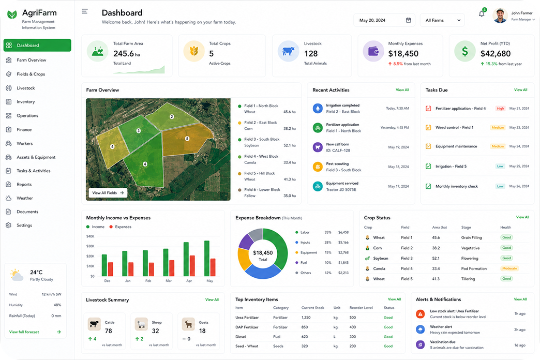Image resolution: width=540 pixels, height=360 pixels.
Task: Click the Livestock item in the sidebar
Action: (25, 88)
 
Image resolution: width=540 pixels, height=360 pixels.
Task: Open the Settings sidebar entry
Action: (24, 226)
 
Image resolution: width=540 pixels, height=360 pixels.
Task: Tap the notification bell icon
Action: (482, 14)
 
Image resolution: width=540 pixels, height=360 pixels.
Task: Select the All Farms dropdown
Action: (442, 20)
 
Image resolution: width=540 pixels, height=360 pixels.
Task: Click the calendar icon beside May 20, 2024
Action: (409, 20)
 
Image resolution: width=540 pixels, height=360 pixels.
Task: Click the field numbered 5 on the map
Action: (187, 139)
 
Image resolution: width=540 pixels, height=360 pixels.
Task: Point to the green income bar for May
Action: (207, 259)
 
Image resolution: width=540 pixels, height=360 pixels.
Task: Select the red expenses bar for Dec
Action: (111, 269)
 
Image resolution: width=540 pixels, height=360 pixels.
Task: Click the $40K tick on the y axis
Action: (90, 236)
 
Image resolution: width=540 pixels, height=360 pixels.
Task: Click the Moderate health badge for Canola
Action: (509, 268)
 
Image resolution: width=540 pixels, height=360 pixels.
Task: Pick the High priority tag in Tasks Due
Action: (500, 109)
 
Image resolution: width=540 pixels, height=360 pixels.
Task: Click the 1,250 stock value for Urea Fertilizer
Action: (306, 318)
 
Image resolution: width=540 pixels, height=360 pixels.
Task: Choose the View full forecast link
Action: (24, 332)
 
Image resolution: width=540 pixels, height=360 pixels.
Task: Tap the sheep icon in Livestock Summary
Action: (141, 324)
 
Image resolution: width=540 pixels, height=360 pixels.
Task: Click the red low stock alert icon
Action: (420, 314)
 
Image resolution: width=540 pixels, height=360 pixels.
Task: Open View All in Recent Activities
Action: (402, 90)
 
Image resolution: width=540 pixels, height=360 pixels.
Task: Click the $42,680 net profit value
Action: (496, 54)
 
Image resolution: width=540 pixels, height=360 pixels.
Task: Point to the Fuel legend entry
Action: (304, 263)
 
